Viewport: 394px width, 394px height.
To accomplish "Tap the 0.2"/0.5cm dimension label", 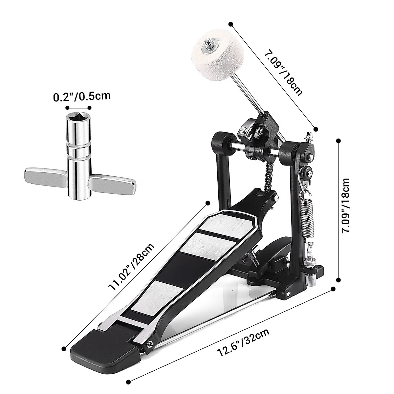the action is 82,96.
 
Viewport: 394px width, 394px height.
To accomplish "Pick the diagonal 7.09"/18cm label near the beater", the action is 283,74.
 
